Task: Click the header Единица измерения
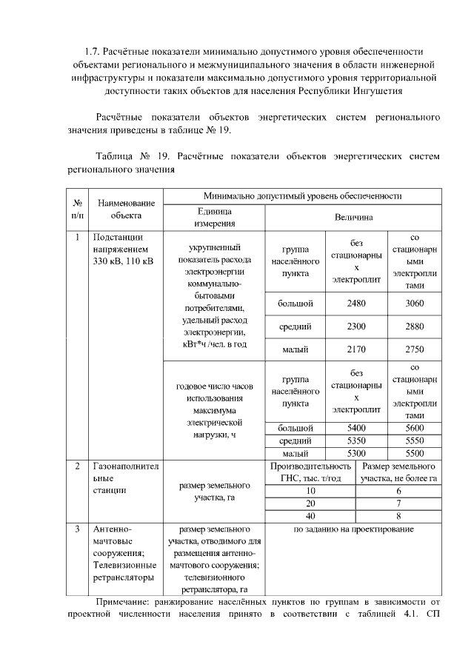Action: pyautogui.click(x=214, y=217)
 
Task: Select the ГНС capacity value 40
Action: pyautogui.click(x=310, y=516)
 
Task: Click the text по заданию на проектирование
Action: pyautogui.click(x=354, y=529)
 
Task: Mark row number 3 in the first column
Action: pyautogui.click(x=78, y=529)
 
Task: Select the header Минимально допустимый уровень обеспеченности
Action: pyautogui.click(x=302, y=196)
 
